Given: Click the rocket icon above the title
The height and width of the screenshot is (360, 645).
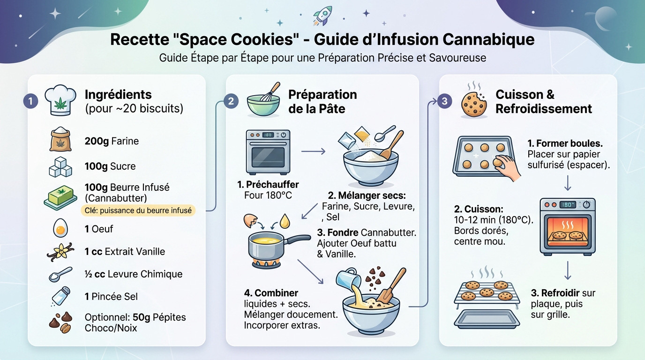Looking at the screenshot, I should click(323, 15).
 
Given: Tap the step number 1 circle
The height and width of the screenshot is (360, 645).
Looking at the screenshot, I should click(30, 101).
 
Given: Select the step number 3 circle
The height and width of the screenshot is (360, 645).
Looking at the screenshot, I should click(445, 101).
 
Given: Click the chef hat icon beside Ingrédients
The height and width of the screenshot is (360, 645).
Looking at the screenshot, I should click(60, 100).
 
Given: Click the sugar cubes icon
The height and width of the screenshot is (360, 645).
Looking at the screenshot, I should click(60, 166).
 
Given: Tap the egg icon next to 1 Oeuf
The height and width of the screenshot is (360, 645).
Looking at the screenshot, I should click(60, 229).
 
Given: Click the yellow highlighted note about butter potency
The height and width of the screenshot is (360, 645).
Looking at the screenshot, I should click(138, 210).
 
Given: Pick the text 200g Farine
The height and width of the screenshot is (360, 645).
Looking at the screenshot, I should click(112, 141).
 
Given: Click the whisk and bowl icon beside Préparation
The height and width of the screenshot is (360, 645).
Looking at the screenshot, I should click(263, 100).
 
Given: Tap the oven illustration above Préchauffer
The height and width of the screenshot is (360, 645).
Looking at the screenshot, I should click(268, 152).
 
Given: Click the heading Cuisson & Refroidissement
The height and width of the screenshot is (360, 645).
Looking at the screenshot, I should click(543, 102).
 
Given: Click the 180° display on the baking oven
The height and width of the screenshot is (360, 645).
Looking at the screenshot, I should click(568, 205).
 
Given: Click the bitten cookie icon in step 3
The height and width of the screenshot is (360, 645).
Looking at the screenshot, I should click(474, 104).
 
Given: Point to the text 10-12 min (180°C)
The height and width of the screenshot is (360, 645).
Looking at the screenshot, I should click(494, 219).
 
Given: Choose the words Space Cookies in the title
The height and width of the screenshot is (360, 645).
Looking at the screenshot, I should click(234, 39).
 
